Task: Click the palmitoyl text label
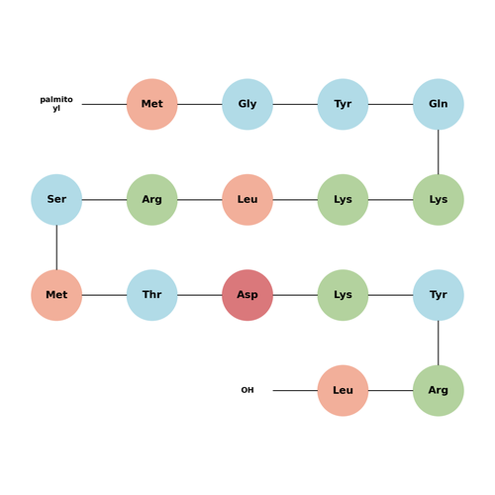click(x=56, y=104)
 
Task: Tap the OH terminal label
click(x=247, y=390)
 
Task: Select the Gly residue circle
click(x=247, y=104)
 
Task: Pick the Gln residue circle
click(x=439, y=104)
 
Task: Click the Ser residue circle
click(x=56, y=200)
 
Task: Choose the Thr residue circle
click(x=152, y=295)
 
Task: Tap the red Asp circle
click(x=247, y=295)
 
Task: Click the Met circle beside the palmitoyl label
click(x=152, y=104)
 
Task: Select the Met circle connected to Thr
click(x=56, y=295)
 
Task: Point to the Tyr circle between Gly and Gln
click(x=343, y=104)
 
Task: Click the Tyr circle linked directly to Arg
click(x=439, y=295)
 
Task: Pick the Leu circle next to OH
click(x=343, y=390)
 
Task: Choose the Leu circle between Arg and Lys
click(x=247, y=200)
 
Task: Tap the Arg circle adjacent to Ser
click(x=152, y=200)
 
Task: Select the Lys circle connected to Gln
click(x=439, y=200)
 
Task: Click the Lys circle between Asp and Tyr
click(x=343, y=295)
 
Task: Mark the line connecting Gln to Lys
click(x=439, y=151)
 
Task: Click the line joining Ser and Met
click(x=56, y=247)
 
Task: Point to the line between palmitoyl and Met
click(x=104, y=104)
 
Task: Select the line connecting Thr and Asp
click(x=200, y=295)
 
